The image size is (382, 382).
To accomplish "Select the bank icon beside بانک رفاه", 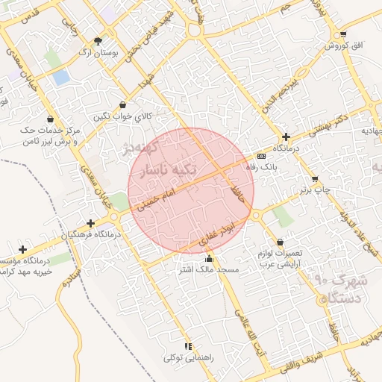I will pos(260,156).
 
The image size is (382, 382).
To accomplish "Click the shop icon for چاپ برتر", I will pos(315,179).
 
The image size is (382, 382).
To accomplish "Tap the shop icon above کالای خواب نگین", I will pos(122,105).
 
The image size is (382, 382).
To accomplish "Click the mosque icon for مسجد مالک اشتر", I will pos(209,258).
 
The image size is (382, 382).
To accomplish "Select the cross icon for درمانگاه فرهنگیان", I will pos(90,223).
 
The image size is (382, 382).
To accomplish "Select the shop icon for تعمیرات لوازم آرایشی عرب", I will pos(280,242).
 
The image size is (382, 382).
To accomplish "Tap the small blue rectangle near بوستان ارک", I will pos(61,76).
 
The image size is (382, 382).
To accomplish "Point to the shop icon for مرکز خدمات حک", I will pos(50,119).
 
